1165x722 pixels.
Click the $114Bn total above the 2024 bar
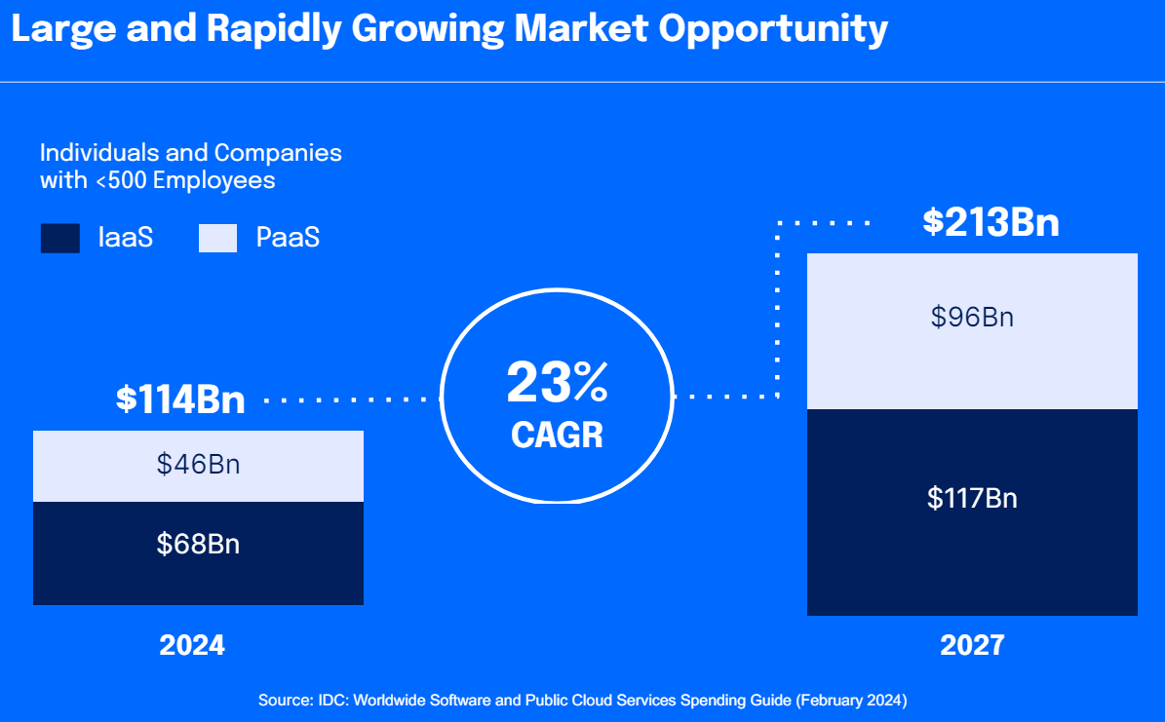click(x=180, y=400)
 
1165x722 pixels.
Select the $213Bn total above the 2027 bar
click(x=990, y=223)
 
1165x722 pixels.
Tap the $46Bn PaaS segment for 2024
click(x=198, y=465)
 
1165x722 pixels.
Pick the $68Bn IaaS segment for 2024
click(x=198, y=544)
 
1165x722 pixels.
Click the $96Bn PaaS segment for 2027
click(x=972, y=317)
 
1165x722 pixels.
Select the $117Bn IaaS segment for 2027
click(x=972, y=499)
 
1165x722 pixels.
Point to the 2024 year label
click(x=192, y=645)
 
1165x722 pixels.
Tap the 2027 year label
click(x=972, y=645)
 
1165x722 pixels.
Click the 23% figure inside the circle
click(x=557, y=384)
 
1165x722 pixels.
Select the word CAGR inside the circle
click(x=557, y=435)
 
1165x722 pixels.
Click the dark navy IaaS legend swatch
click(x=59, y=239)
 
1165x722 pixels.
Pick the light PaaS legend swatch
click(x=217, y=239)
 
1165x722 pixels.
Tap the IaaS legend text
click(x=126, y=238)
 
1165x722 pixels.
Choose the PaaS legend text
click(x=288, y=238)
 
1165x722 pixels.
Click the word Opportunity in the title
click(x=773, y=30)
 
